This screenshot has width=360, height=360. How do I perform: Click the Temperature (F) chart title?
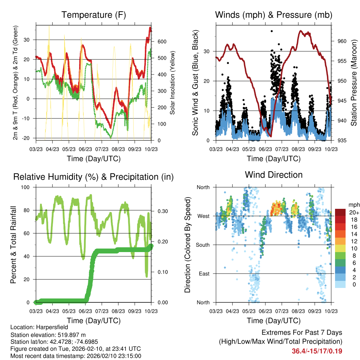tap(94, 15)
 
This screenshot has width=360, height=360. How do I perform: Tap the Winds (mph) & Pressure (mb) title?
tap(274, 15)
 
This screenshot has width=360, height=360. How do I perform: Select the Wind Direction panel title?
tap(274, 175)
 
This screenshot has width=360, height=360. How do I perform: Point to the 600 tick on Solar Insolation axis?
tap(161, 41)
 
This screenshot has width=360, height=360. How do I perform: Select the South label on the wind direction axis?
tap(203, 245)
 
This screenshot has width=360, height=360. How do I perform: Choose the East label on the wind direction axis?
tap(204, 274)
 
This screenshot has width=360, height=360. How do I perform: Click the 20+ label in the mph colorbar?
tap(353, 212)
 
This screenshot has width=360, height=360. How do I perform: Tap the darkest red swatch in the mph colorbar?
tap(341, 212)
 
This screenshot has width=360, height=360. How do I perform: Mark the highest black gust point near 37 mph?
tap(271, 31)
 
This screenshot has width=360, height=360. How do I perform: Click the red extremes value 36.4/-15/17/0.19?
tap(317, 351)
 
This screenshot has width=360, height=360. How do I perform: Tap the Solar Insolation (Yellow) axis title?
tap(173, 83)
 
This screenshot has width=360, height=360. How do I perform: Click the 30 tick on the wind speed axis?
tap(207, 51)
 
